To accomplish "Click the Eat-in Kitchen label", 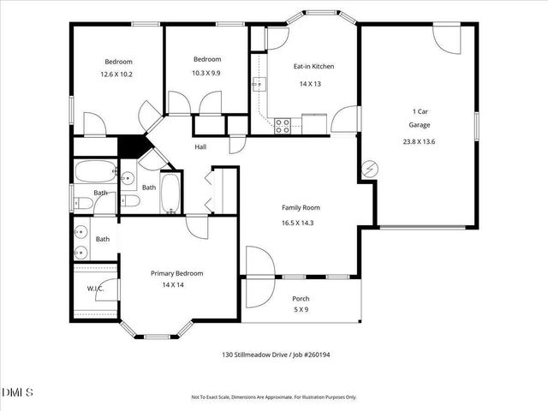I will point(313,66).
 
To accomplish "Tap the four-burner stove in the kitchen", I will point(282,125).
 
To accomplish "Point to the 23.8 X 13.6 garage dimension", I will point(420,141).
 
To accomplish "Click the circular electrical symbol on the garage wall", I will point(371,168).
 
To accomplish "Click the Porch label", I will point(301,299).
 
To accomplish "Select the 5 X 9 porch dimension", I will point(301,309).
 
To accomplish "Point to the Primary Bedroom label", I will point(177,273).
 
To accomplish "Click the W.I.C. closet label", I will point(95,288).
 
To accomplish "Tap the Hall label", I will point(200,147).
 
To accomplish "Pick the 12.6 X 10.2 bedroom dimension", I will point(118,74).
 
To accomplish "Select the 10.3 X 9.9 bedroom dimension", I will point(206,73).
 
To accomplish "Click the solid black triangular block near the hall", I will point(130,146).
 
